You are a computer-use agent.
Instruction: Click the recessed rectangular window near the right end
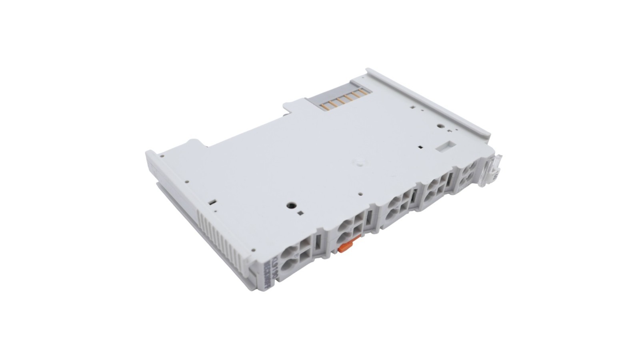coord(445,146)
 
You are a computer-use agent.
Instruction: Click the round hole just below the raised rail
coord(440,125)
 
